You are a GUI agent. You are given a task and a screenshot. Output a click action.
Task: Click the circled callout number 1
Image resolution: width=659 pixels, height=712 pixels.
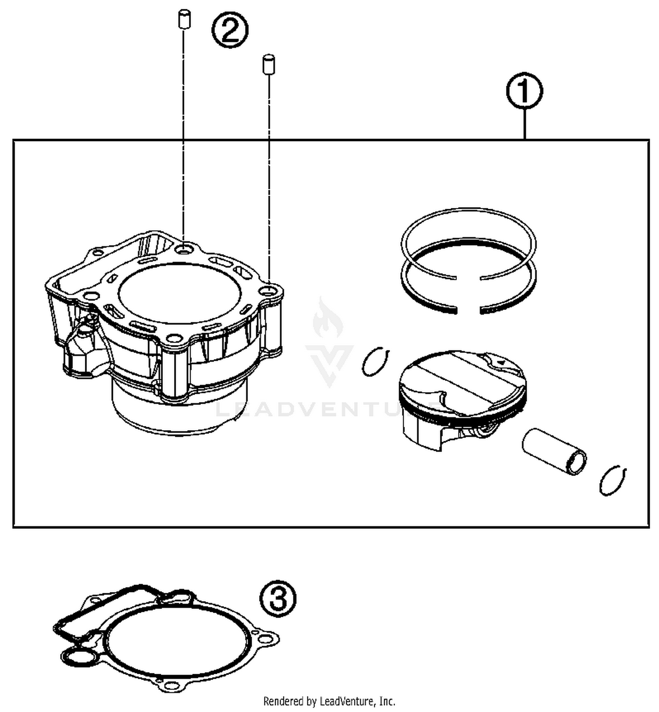[524, 91]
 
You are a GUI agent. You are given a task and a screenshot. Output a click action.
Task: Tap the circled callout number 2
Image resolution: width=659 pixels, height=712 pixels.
[230, 30]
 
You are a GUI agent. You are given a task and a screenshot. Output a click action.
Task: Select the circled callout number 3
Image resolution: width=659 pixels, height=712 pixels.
[278, 598]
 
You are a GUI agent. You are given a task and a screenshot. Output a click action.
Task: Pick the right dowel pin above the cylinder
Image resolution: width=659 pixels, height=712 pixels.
[268, 64]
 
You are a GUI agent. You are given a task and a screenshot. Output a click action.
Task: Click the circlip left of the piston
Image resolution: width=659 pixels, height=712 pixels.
[375, 361]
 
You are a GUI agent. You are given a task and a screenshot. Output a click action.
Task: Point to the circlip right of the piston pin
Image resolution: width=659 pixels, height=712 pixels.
[612, 480]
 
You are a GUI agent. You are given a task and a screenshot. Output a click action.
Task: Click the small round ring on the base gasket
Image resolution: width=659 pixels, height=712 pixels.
[79, 658]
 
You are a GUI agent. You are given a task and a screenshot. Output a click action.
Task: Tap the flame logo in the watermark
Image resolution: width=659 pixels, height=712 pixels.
[328, 316]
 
